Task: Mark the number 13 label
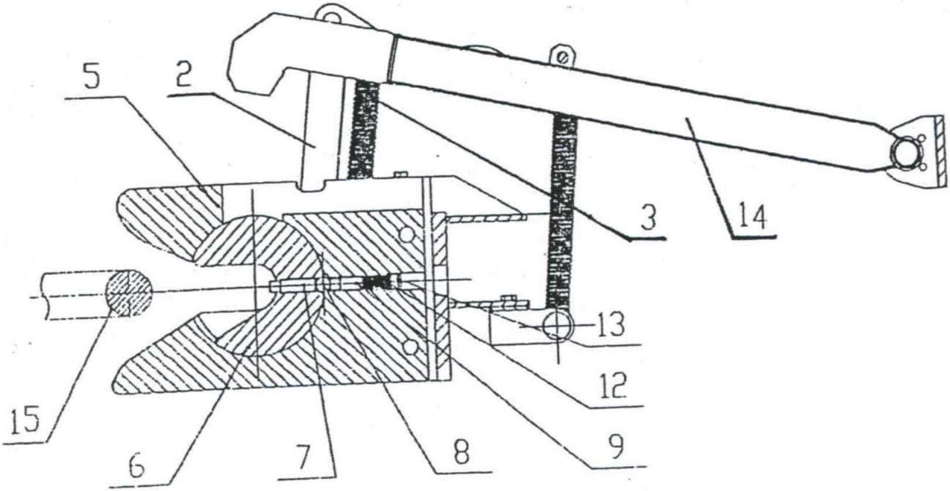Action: pos(612,325)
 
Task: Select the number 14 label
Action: pos(753,218)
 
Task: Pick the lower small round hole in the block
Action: pos(409,349)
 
